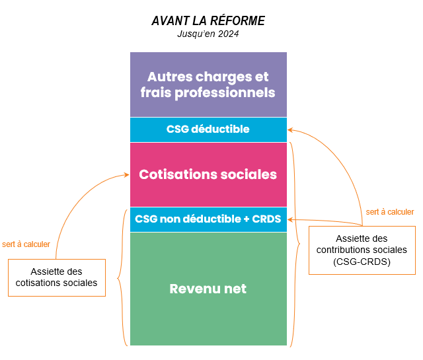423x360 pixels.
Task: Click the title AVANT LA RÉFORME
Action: pos(208,20)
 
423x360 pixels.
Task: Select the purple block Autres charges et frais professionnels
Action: pos(208,85)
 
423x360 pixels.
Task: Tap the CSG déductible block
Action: pos(208,129)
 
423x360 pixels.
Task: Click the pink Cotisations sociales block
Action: pos(208,175)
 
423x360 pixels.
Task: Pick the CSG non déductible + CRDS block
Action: pos(208,219)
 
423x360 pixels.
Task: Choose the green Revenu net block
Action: pos(208,289)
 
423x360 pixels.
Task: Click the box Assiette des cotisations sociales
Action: pos(57,277)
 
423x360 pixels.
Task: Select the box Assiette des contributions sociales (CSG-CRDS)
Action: pos(362,250)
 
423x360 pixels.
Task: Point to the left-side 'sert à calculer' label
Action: pos(26,244)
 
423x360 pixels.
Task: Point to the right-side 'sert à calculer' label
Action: pos(390,212)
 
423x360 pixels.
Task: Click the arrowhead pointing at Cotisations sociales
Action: pos(127,175)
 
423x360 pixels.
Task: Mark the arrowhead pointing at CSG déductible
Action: pos(291,130)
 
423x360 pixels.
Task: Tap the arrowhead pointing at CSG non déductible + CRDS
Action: pos(291,219)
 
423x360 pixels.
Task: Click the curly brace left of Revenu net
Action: pos(121,277)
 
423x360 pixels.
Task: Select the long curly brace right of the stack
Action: pos(295,243)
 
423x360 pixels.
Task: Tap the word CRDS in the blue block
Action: pos(266,219)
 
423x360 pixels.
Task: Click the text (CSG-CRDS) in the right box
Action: pos(362,261)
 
